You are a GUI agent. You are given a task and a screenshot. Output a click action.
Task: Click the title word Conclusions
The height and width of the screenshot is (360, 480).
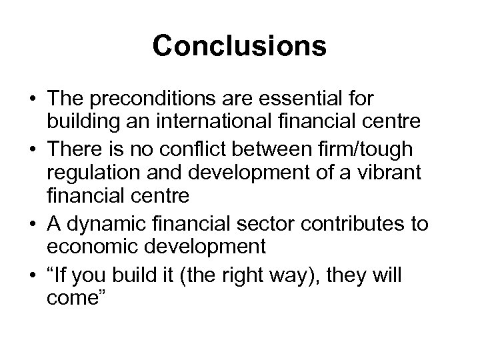[x=239, y=46]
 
